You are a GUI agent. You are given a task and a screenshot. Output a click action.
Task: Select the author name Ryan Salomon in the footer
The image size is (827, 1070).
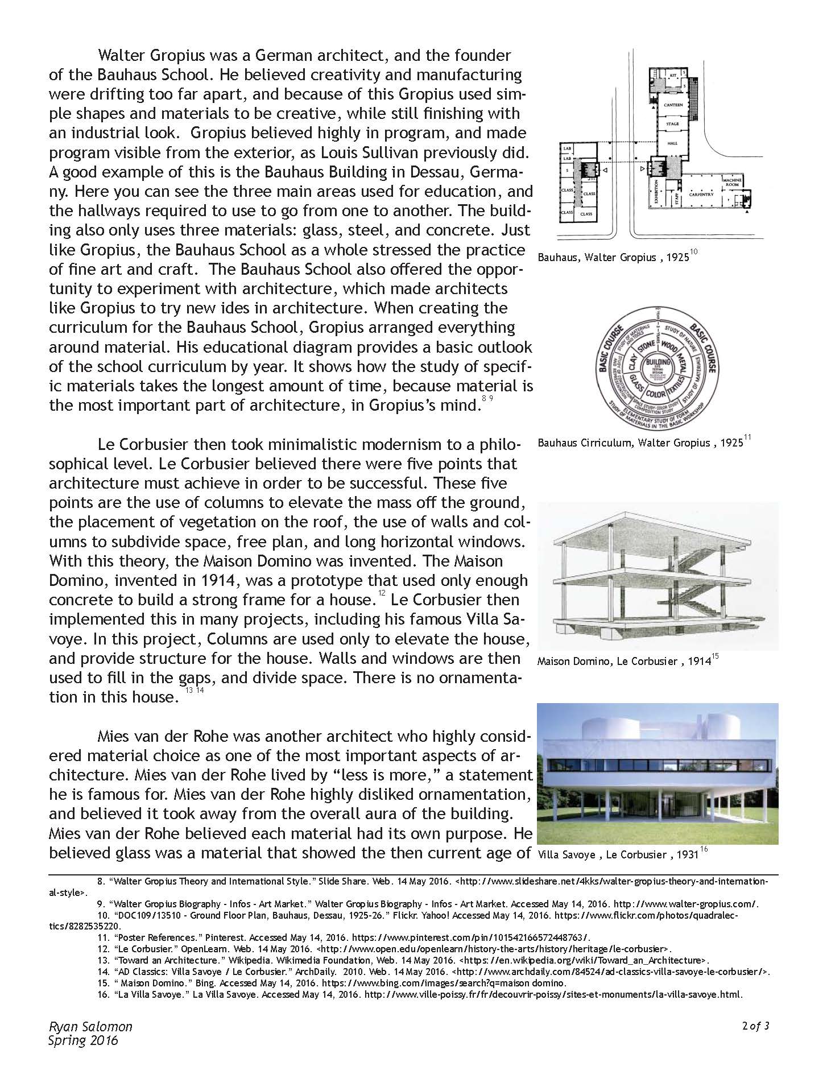[90, 1027]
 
